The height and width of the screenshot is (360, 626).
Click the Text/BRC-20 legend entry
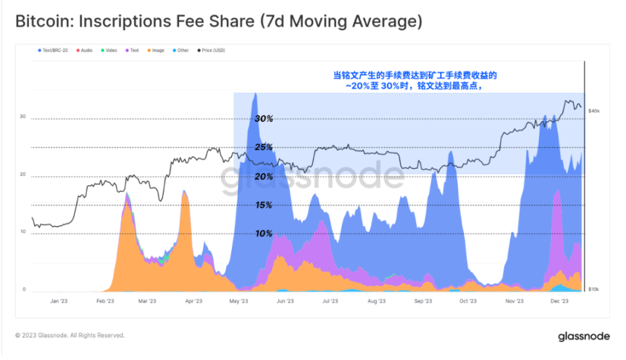tap(56, 50)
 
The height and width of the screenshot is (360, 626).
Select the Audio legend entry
tap(86, 50)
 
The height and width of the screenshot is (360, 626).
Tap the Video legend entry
tap(109, 50)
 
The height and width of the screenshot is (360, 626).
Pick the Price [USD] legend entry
tap(213, 50)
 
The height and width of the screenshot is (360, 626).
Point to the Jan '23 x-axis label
tap(59, 301)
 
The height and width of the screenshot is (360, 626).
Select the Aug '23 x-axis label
tap(377, 301)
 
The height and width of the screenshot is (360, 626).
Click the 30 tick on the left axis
tap(23, 117)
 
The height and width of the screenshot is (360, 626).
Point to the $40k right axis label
tap(594, 111)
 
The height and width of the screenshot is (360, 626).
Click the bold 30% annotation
tap(264, 119)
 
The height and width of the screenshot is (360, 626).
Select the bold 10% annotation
tap(264, 234)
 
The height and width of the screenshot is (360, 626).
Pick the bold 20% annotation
tap(264, 176)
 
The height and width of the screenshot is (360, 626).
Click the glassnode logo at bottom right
tap(583, 336)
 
